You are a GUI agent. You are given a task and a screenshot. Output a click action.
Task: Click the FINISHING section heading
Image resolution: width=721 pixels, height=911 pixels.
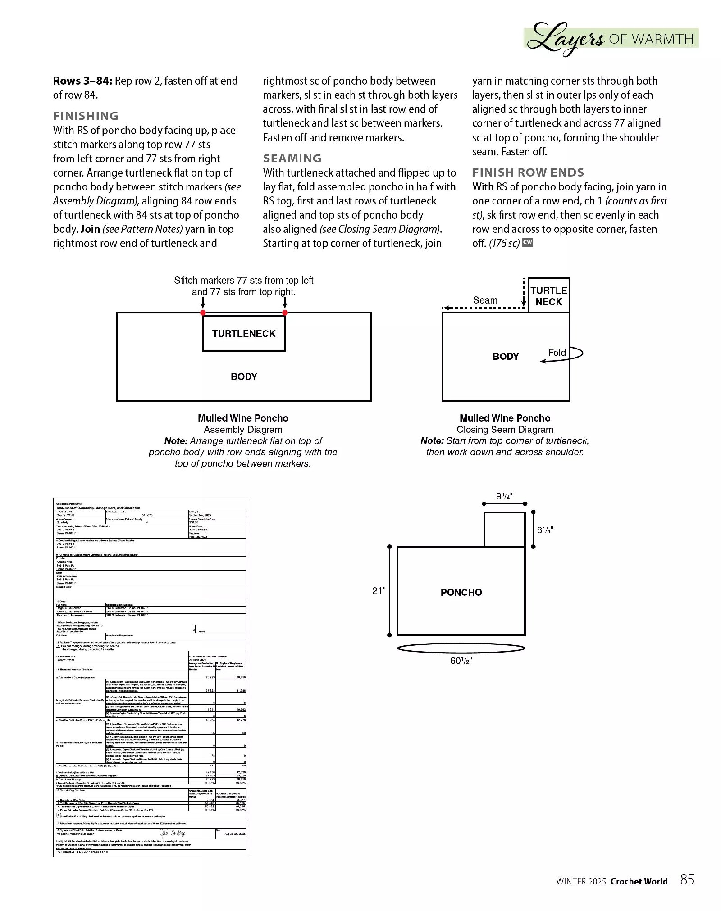point(86,116)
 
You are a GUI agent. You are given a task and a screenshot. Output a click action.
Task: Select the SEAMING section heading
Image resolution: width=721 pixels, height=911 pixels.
point(292,158)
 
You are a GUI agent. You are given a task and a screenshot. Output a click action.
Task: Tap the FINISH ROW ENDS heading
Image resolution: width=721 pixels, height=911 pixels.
point(528,172)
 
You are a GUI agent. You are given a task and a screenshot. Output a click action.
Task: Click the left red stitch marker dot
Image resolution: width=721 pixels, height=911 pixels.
point(203,313)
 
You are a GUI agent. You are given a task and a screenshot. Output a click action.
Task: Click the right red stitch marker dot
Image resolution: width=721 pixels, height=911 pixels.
point(285,313)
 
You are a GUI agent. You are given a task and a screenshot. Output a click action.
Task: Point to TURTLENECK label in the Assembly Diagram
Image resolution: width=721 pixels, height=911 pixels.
point(244,334)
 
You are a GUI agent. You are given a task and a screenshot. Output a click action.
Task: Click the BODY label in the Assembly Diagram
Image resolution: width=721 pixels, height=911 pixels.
point(244,376)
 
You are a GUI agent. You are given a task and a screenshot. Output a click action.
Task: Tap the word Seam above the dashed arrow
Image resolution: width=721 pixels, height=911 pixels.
point(485,300)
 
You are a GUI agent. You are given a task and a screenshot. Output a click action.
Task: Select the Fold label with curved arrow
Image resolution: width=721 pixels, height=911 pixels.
point(557,353)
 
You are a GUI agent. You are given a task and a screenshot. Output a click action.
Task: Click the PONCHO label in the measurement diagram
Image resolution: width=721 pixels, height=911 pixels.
point(461,593)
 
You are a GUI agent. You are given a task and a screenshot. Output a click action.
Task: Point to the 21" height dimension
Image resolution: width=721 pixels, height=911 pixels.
point(379,590)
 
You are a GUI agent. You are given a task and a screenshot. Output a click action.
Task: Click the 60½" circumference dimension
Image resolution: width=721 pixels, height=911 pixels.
point(461,661)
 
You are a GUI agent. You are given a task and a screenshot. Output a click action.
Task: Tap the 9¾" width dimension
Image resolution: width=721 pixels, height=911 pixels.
point(504,496)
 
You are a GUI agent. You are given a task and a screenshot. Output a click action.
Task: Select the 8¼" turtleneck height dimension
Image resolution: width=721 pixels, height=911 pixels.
point(545,530)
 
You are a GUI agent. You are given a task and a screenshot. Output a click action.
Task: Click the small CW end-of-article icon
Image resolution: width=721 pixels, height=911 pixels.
point(528,242)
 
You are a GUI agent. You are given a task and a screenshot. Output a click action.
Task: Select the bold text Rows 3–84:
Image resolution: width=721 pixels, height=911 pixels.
point(82,81)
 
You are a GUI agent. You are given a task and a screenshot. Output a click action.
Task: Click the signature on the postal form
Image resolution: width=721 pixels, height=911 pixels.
point(173,834)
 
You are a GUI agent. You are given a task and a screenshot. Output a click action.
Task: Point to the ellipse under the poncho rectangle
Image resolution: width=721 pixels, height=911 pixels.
point(461,648)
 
